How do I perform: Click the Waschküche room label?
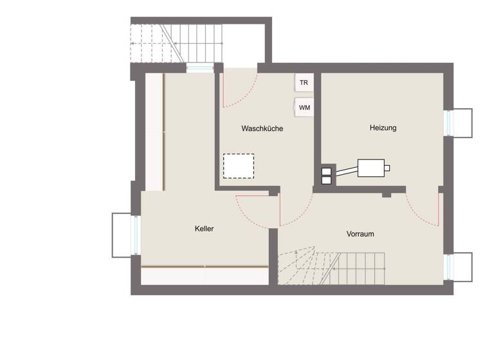tap(262, 129)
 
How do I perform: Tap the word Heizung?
tap(383, 128)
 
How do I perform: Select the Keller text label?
tap(205, 228)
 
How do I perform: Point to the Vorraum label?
tap(360, 234)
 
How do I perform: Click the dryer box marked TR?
tap(304, 83)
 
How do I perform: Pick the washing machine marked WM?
tap(304, 107)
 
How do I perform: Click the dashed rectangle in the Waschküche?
tap(238, 166)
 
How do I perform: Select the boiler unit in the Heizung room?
tap(371, 168)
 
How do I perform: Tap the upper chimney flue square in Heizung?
tap(326, 171)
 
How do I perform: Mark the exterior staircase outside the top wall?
tap(176, 43)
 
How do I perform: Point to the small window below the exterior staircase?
tap(199, 67)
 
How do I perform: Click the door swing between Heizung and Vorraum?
tap(425, 209)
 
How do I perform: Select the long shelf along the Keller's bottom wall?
tap(205, 275)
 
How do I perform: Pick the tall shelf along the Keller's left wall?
tap(154, 132)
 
